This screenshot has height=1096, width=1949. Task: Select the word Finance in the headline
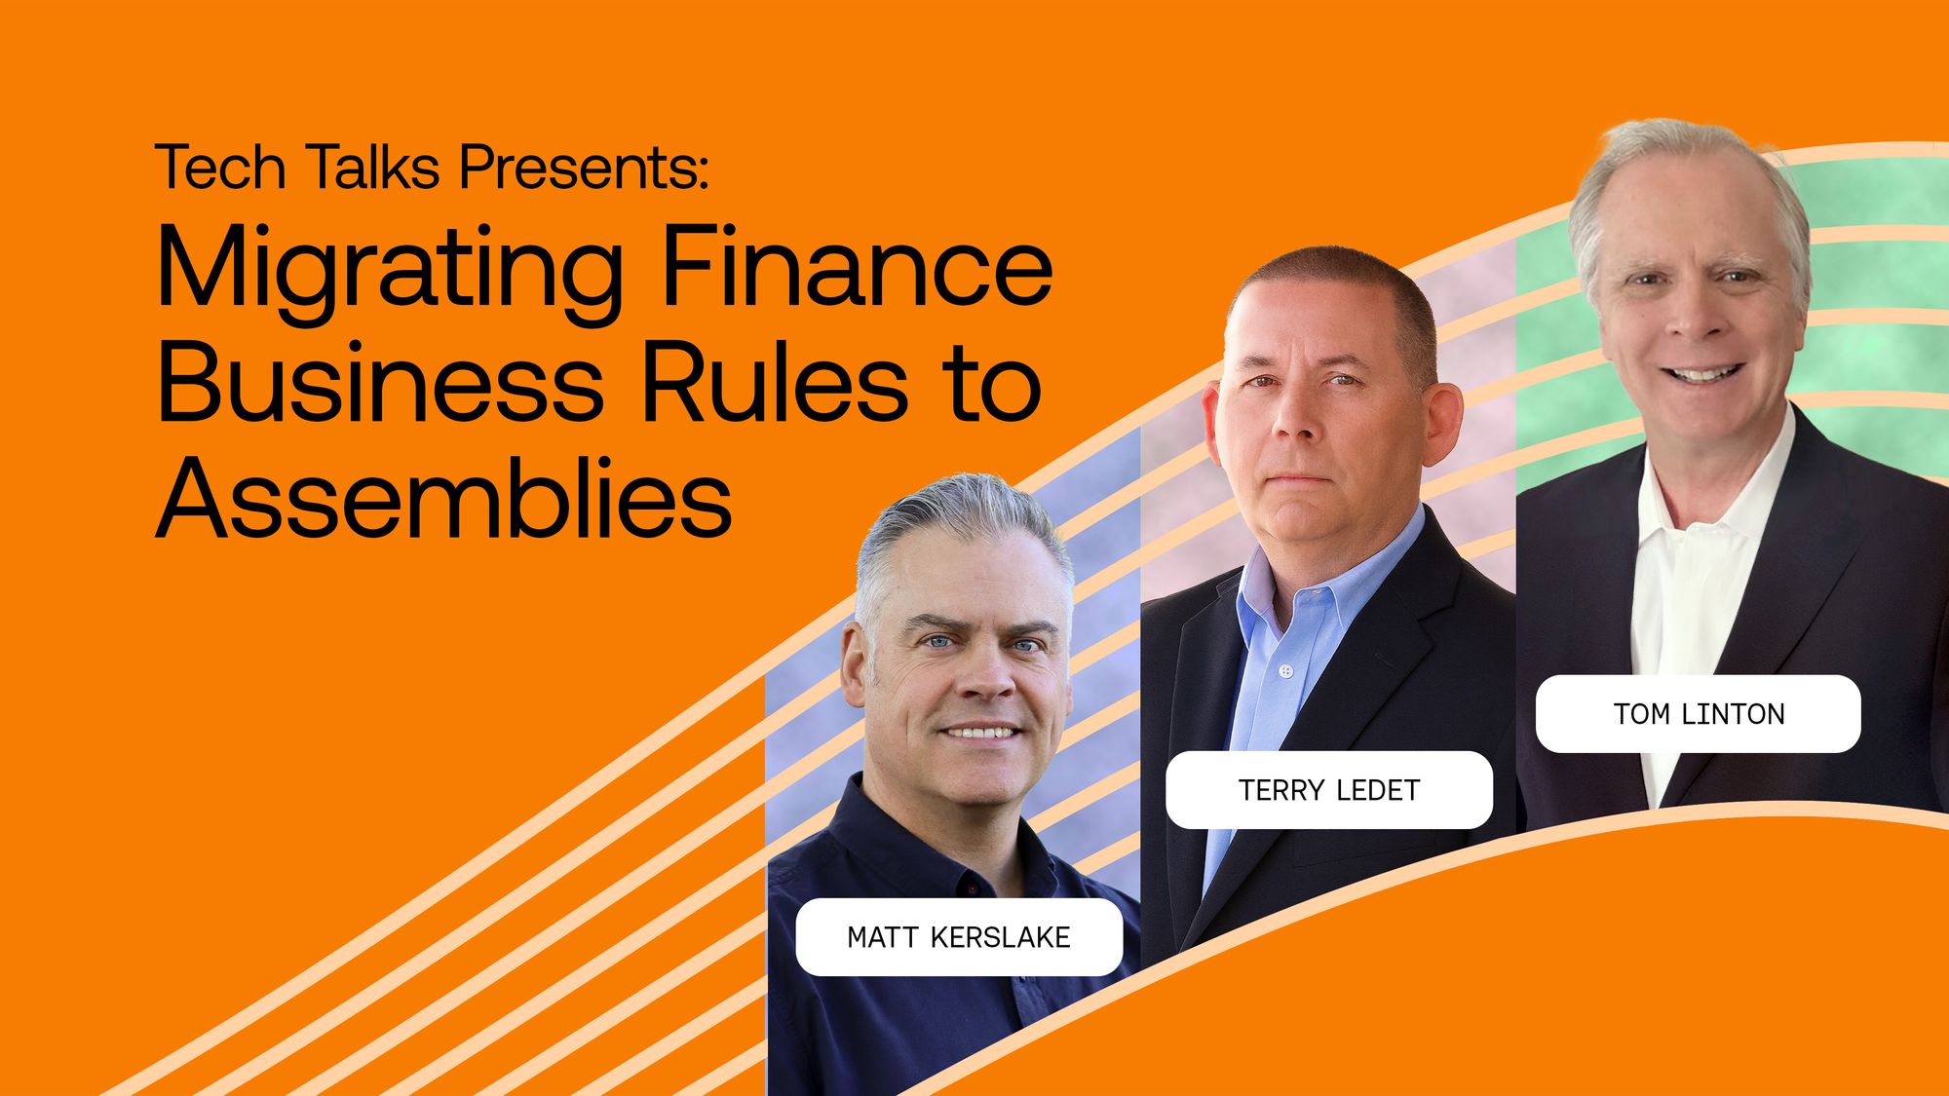tap(858, 263)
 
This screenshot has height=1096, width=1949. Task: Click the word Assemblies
tap(444, 497)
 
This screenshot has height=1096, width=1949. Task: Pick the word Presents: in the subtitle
tap(584, 167)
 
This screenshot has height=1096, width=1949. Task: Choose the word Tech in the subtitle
tap(220, 167)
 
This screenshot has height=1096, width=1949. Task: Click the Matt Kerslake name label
tap(959, 937)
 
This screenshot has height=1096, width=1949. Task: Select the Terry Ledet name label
tap(1329, 790)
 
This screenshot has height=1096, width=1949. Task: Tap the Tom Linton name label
tap(1699, 714)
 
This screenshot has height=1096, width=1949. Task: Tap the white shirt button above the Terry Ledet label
tap(1286, 671)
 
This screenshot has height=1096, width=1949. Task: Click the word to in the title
tap(995, 383)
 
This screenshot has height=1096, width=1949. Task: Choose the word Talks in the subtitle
tap(374, 167)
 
